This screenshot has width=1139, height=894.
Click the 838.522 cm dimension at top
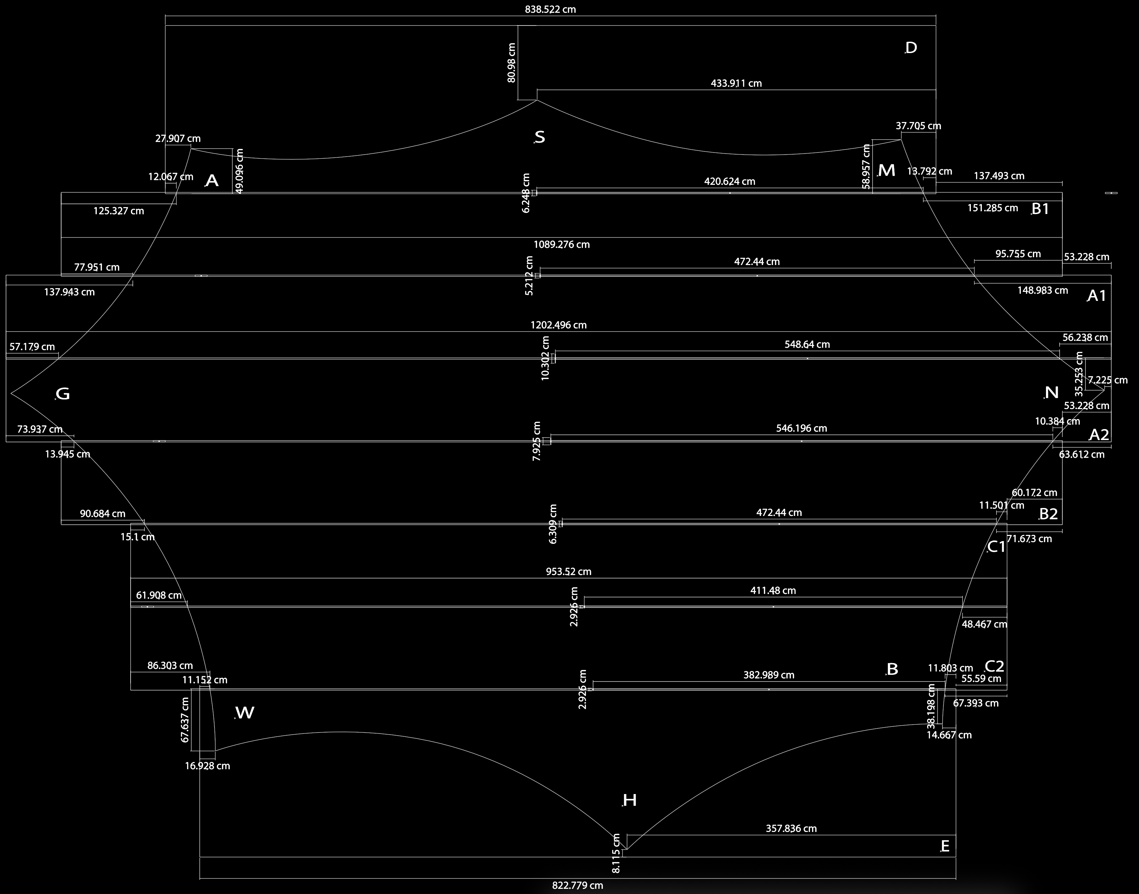coord(551,9)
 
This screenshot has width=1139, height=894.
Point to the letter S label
coord(540,137)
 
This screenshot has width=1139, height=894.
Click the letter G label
coord(63,394)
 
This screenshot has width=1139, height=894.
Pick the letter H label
coord(629,800)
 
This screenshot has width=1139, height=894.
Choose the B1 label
coord(1040,209)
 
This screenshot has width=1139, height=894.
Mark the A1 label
coord(1097,296)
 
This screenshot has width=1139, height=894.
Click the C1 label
coord(996,547)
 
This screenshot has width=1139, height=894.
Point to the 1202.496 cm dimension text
coord(558,325)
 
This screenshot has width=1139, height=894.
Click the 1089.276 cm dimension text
coord(561,244)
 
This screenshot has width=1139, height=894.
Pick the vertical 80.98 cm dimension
coord(512,63)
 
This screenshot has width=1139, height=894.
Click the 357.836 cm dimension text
coord(791,829)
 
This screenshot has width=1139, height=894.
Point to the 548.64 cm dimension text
coord(807,344)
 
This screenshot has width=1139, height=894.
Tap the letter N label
coord(1051,393)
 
